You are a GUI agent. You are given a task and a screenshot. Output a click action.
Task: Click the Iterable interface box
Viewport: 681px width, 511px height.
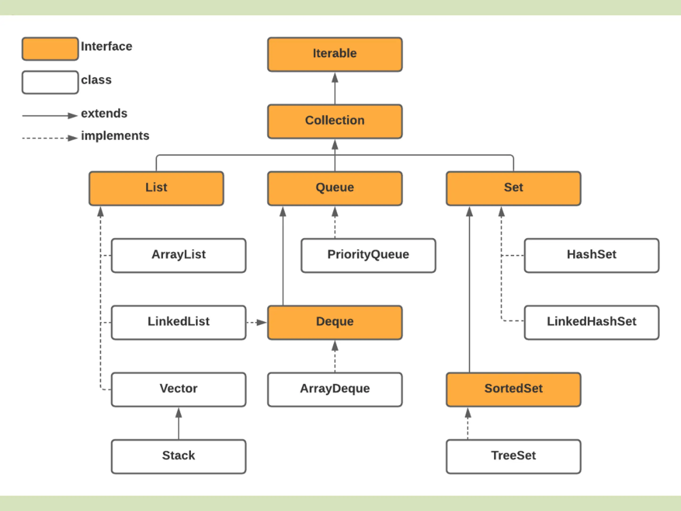click(x=335, y=55)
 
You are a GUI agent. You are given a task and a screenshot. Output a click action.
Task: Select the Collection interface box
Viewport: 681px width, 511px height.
click(x=335, y=121)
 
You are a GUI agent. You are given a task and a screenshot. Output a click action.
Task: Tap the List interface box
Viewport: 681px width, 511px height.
click(x=156, y=188)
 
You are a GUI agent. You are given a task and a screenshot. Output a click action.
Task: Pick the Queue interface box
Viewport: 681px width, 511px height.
click(x=335, y=188)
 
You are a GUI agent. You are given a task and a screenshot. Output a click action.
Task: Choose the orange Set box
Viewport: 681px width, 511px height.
click(x=513, y=188)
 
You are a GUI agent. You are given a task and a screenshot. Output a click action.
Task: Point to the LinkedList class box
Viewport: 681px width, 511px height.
click(x=178, y=323)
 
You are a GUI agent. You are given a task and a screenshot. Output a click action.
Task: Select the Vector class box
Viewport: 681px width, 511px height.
click(x=178, y=390)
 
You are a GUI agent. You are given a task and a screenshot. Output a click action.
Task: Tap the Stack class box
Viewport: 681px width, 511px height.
click(x=178, y=456)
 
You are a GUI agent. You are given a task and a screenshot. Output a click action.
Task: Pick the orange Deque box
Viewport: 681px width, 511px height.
click(x=335, y=323)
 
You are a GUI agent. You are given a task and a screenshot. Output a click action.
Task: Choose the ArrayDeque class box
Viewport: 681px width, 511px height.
click(x=335, y=390)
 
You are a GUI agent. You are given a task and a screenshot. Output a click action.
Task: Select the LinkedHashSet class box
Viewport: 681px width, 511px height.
click(x=592, y=323)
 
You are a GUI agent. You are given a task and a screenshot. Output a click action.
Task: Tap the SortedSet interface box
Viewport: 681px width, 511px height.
click(x=513, y=390)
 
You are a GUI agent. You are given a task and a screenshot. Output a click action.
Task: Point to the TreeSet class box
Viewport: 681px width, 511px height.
click(x=513, y=456)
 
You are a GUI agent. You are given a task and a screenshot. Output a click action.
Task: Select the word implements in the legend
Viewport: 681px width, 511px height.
click(x=115, y=136)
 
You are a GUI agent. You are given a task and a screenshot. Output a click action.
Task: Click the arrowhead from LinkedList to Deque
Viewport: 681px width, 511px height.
click(x=262, y=323)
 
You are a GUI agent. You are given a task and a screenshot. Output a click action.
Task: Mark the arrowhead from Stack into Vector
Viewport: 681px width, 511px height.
click(x=178, y=413)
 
